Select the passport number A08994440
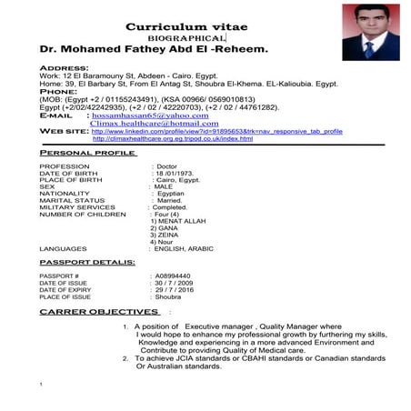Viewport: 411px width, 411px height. point(173,275)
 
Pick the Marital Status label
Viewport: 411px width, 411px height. point(71,200)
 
